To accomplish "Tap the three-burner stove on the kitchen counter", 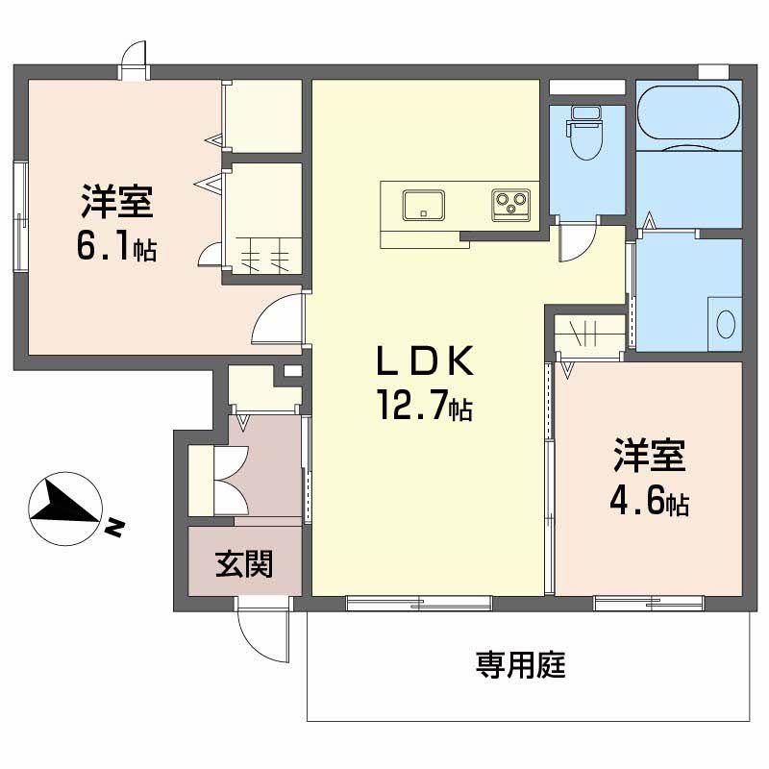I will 510,203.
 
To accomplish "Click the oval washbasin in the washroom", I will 725,322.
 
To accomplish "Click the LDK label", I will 423,362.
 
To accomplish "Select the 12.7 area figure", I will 423,409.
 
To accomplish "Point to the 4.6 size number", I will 639,503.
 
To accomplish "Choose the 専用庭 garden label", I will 520,665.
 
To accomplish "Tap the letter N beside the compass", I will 114,527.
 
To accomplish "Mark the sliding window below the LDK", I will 418,604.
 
